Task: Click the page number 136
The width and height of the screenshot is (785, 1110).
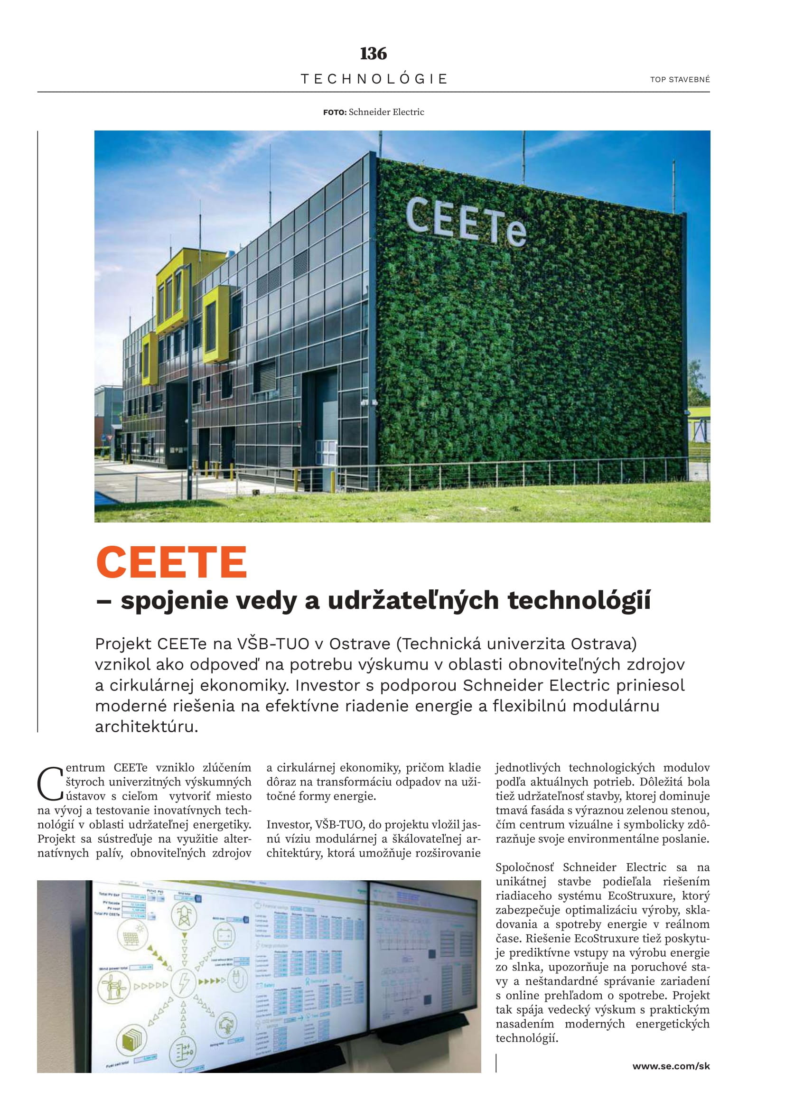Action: pos(373,53)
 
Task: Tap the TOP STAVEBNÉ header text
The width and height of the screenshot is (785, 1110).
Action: pos(680,80)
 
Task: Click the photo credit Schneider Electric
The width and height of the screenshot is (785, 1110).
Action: pos(386,112)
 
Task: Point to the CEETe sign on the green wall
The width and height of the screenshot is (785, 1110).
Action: pos(466,222)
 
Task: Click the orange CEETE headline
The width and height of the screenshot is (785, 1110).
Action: pos(172,562)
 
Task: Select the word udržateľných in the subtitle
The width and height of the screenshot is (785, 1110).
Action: pos(413,600)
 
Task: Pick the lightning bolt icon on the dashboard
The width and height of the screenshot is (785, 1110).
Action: pos(184,982)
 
